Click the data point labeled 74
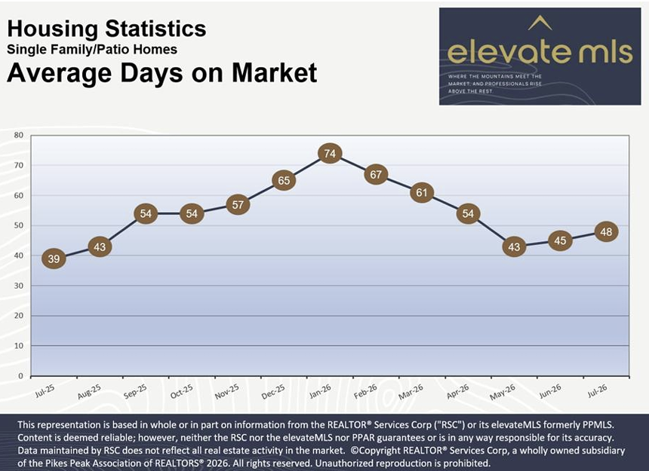(330, 154)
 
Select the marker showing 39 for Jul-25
(54, 258)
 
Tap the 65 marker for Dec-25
(284, 181)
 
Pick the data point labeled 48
(607, 232)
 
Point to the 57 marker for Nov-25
(238, 204)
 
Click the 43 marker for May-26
(514, 246)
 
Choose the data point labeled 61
(422, 192)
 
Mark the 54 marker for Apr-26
(468, 213)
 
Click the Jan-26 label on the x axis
(321, 391)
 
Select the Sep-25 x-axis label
(135, 391)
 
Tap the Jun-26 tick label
(550, 391)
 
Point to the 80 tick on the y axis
(19, 135)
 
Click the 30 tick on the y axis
(19, 286)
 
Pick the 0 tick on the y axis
(20, 376)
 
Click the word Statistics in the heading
(155, 29)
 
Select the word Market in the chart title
(275, 72)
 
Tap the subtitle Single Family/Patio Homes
(92, 50)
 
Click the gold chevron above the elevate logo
(540, 23)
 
